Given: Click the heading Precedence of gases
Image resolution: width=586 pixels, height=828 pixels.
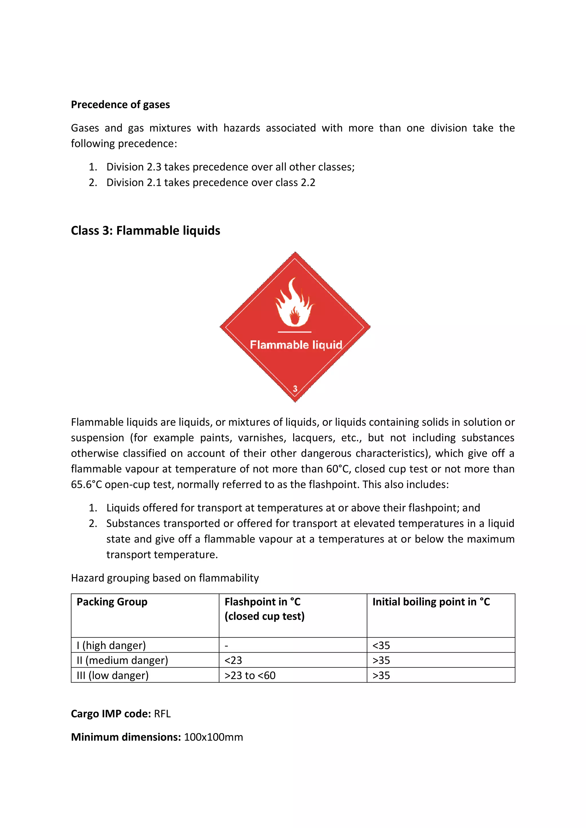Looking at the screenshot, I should (120, 105).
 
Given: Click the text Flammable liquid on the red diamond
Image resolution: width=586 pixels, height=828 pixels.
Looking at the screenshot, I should (296, 345).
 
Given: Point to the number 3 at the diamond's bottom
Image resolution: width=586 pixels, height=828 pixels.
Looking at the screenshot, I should (295, 389).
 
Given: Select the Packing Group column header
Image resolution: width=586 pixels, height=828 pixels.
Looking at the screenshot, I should (112, 602).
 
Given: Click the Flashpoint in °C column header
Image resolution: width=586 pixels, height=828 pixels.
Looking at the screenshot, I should (262, 602).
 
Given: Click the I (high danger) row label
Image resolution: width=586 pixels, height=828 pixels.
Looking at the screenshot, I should (111, 645).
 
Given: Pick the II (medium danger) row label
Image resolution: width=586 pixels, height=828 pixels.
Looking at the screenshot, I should (122, 660).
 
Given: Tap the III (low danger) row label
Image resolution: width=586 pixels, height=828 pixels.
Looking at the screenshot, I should (113, 675).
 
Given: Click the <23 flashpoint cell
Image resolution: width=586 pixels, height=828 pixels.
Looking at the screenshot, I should (233, 660).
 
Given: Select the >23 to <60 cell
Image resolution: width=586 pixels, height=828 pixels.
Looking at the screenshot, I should (250, 675).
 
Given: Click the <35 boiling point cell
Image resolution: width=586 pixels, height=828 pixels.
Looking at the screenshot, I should (381, 645).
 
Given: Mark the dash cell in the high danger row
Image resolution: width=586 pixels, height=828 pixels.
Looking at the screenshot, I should (226, 645).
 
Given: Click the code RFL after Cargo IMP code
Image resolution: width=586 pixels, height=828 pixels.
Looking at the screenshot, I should (162, 714).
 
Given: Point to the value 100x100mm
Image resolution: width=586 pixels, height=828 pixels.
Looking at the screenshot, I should (213, 737).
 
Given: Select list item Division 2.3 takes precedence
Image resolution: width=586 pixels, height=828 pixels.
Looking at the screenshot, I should (230, 167).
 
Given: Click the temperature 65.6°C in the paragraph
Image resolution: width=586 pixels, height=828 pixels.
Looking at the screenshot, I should (86, 484).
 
